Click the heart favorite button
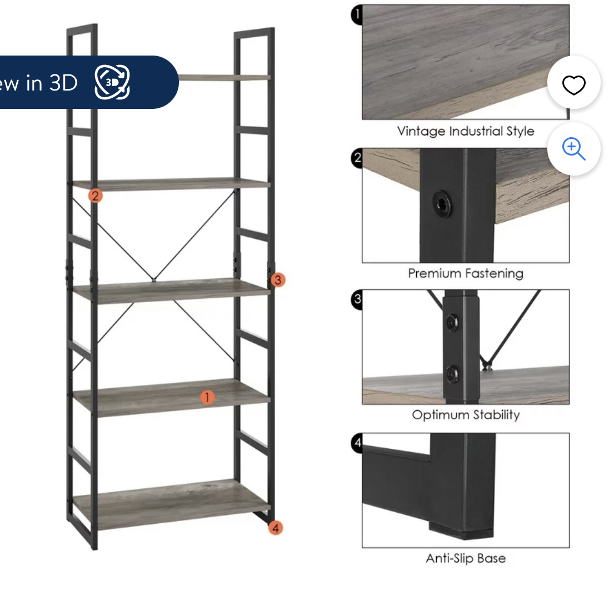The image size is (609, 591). point(573,85)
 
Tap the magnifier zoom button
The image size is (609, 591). point(573,149)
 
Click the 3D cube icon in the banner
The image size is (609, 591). point(112,82)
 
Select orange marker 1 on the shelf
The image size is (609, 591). point(207,397)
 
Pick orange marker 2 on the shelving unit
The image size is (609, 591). point(96,196)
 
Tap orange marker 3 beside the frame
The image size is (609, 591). point(278,280)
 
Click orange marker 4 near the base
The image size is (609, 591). point(276,528)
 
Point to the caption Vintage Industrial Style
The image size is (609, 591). point(465,132)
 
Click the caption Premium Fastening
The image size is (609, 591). point(465,273)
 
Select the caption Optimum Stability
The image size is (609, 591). point(465,415)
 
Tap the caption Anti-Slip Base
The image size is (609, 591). point(465,558)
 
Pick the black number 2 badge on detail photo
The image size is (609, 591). point(357,157)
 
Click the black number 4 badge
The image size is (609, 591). point(357,443)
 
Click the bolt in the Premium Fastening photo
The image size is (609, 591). point(442,204)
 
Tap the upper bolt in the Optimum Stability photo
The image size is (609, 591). point(453,322)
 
